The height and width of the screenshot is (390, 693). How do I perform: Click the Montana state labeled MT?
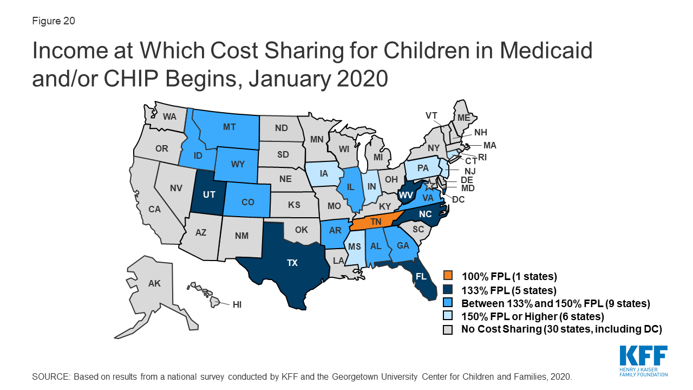click(x=228, y=127)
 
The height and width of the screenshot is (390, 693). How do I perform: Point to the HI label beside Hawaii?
click(x=237, y=305)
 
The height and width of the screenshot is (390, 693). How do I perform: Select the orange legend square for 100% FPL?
click(x=448, y=275)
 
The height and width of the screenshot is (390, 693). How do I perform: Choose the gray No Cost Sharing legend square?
click(x=448, y=329)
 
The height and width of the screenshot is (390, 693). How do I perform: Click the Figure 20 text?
click(x=54, y=21)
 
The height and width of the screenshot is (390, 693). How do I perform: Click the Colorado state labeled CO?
click(x=247, y=202)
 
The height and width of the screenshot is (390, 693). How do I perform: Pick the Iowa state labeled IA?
click(x=324, y=174)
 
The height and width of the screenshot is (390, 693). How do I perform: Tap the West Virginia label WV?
click(x=406, y=194)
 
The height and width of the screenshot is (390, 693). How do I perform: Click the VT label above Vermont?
click(x=432, y=115)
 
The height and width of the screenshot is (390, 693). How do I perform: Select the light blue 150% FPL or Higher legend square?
click(x=448, y=316)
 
